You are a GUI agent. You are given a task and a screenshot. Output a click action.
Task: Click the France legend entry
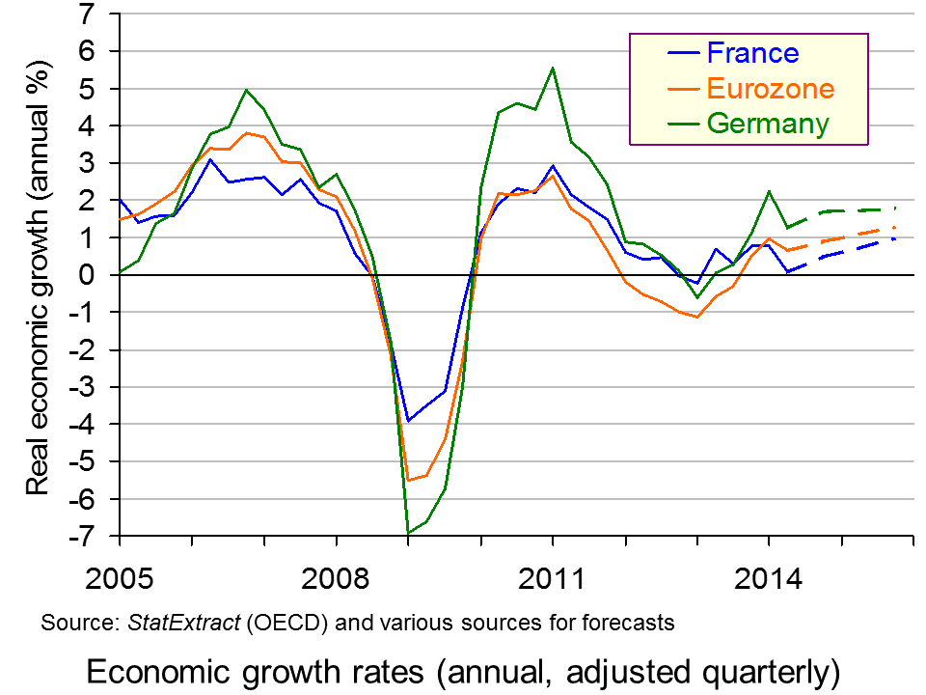(752, 54)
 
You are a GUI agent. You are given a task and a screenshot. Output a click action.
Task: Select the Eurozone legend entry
(770, 89)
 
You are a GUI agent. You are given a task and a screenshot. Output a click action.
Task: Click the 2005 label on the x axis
(120, 581)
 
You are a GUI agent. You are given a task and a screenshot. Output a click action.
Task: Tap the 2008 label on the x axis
(336, 581)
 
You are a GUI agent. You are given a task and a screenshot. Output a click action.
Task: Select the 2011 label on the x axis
(552, 581)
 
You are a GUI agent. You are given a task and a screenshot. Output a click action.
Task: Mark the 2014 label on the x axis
(768, 581)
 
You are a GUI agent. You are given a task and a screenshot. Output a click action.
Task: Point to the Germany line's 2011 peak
(552, 68)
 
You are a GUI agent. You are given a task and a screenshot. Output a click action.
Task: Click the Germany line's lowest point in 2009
(408, 533)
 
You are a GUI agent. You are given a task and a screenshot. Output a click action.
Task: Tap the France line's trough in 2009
(408, 421)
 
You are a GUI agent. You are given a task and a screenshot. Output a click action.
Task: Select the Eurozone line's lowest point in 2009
(408, 480)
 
